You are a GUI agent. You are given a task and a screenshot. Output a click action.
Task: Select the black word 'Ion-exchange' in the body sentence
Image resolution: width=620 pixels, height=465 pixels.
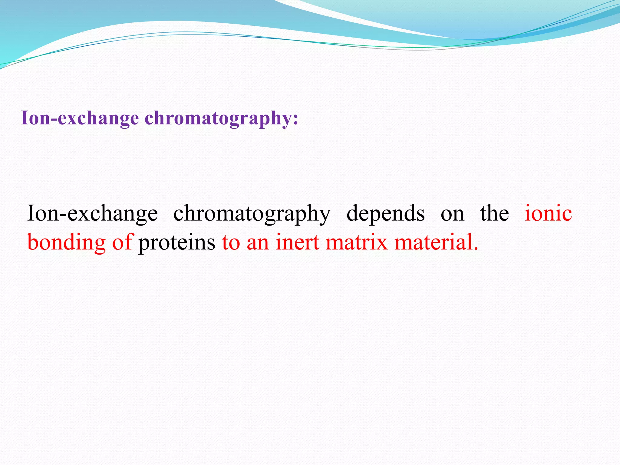[92, 213]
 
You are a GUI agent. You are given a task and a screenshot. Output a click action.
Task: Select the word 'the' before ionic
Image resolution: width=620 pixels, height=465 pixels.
[494, 213]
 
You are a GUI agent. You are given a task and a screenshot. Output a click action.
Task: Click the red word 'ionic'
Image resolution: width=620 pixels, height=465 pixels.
[548, 213]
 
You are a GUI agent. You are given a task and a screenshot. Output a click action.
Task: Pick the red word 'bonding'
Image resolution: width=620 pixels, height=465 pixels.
[66, 242]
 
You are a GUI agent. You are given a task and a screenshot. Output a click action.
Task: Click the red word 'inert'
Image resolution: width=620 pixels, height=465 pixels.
[297, 242]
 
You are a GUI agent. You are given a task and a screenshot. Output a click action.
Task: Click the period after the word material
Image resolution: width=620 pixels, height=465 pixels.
[476, 249]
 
